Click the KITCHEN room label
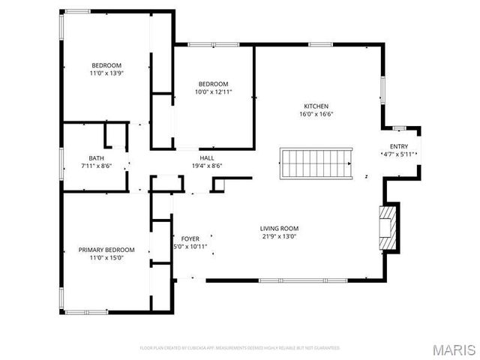316,106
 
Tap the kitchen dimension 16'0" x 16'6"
316,115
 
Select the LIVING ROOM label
279,229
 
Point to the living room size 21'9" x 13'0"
279,237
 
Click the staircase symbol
316,163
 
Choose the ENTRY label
399,146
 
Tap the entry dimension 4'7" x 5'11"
399,154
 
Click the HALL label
207,157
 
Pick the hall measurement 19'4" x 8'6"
207,166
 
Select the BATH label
97,157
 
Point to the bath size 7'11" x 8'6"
97,166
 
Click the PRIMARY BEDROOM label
106,250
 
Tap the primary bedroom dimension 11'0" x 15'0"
106,258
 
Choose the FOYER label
190,238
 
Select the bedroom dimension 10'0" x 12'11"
213,92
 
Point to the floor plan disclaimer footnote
240,348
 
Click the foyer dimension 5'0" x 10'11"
190,247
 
